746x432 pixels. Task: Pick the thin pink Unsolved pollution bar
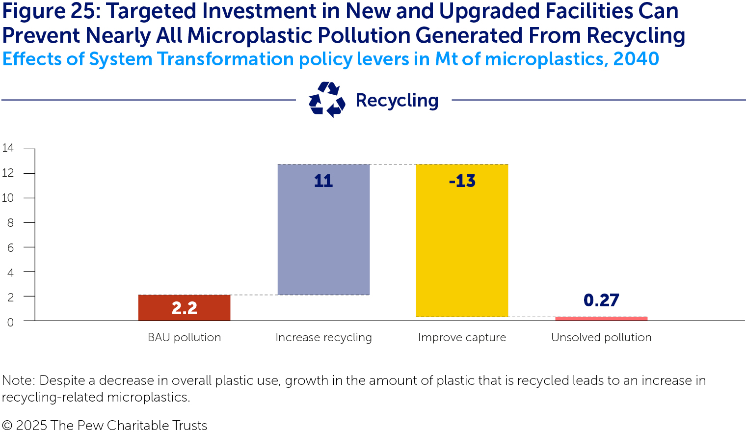tap(601, 319)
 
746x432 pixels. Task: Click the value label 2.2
tap(184, 308)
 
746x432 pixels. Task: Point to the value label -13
tap(462, 181)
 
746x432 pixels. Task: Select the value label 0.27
tap(601, 300)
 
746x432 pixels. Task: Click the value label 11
tap(323, 181)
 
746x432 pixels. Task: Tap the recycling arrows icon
tap(327, 100)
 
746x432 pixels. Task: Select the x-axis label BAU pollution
tap(184, 337)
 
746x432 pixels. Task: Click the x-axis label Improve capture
tap(462, 337)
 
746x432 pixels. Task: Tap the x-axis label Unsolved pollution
tap(601, 337)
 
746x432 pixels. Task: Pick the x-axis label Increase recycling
tap(323, 337)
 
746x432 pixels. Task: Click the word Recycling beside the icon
tap(397, 100)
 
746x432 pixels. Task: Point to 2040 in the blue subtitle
tap(636, 59)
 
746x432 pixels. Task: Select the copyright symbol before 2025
tap(7, 425)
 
